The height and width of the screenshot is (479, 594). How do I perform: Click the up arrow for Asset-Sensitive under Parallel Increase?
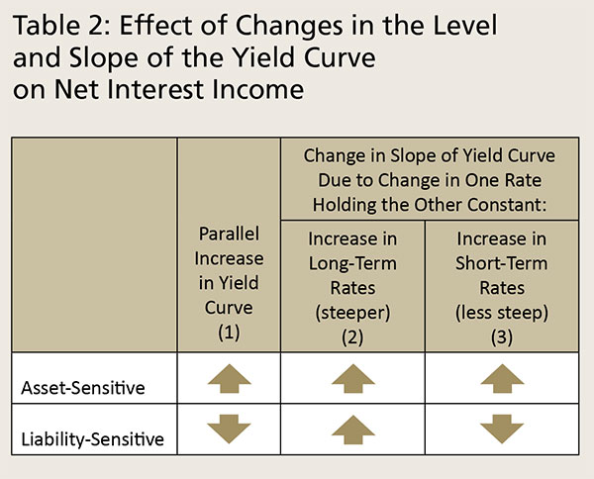click(x=230, y=379)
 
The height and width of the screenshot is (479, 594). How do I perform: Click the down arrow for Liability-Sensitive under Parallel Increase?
click(x=230, y=430)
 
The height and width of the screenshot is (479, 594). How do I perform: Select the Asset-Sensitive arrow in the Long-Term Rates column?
click(x=353, y=379)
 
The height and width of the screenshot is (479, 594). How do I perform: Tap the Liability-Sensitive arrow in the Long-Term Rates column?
click(x=353, y=430)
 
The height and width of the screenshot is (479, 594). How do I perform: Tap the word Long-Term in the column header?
click(x=353, y=263)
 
